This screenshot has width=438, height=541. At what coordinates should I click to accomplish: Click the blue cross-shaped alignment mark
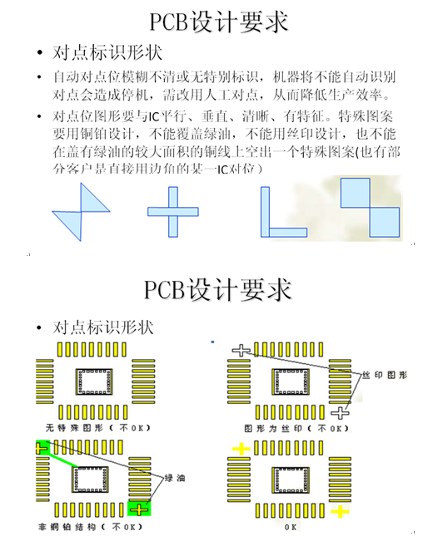pyautogui.click(x=173, y=212)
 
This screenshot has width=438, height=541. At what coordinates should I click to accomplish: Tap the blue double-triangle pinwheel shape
pyautogui.click(x=81, y=212)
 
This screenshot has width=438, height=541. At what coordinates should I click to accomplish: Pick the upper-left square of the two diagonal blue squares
pyautogui.click(x=355, y=193)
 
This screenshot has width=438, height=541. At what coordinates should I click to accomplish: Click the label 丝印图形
pyautogui.click(x=385, y=375)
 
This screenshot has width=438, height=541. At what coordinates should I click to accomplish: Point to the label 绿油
pyautogui.click(x=175, y=478)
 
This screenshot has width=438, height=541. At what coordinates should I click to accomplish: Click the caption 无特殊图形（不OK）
pyautogui.click(x=98, y=428)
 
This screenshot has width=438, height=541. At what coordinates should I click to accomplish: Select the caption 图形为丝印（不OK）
pyautogui.click(x=296, y=429)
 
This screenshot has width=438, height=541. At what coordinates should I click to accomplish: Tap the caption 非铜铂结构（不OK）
pyautogui.click(x=90, y=527)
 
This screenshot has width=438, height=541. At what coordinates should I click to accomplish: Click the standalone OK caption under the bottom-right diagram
pyautogui.click(x=291, y=527)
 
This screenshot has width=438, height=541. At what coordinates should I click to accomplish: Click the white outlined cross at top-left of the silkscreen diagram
pyautogui.click(x=241, y=351)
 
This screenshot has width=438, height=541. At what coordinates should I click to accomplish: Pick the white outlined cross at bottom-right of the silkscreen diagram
pyautogui.click(x=341, y=413)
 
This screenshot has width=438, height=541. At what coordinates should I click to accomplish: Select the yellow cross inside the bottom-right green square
pyautogui.click(x=139, y=509)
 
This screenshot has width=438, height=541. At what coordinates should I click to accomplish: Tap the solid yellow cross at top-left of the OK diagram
pyautogui.click(x=241, y=449)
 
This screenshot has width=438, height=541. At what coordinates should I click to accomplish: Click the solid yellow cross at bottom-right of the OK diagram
pyautogui.click(x=341, y=511)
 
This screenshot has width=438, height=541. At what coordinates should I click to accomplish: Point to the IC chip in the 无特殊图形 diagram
pyautogui.click(x=94, y=381)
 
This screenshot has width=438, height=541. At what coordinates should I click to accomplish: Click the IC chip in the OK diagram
pyautogui.click(x=291, y=480)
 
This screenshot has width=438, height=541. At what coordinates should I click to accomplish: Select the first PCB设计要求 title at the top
pyautogui.click(x=219, y=22)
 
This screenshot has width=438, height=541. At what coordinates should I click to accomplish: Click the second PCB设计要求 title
pyautogui.click(x=218, y=289)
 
